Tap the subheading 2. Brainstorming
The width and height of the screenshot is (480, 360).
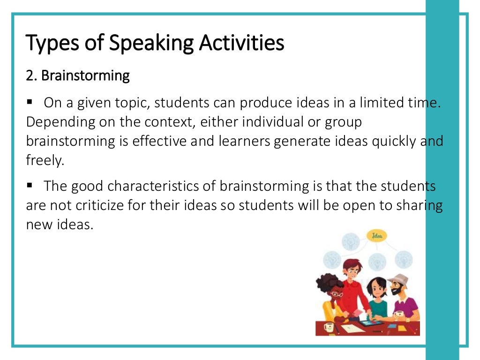point(78,76)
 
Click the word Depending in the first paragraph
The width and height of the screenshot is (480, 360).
point(53,122)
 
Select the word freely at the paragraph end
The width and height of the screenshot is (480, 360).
point(45,161)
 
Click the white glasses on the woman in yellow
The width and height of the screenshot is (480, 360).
point(337,294)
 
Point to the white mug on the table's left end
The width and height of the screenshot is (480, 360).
point(328,327)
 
